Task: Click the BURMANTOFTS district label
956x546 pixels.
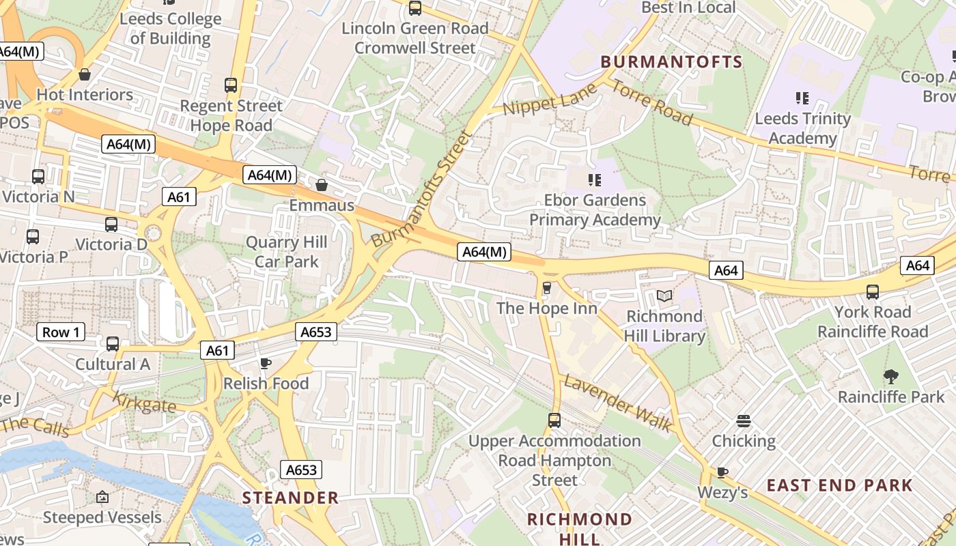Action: (x=671, y=62)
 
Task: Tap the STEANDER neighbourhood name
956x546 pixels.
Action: (x=290, y=498)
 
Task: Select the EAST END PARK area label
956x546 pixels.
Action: (x=839, y=485)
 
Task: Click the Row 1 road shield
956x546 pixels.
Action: (x=61, y=332)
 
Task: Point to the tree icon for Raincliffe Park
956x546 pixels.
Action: (x=890, y=376)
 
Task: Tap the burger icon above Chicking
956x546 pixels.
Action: (x=744, y=420)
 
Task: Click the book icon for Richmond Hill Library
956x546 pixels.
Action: (x=664, y=296)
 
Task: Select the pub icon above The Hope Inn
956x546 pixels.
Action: (x=546, y=288)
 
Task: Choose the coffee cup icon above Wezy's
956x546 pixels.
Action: (x=722, y=472)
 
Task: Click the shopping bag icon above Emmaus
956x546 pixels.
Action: (x=322, y=185)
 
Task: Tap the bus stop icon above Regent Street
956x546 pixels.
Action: (x=231, y=85)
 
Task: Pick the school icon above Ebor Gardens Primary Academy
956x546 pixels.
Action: (x=595, y=179)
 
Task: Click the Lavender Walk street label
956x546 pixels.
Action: (x=617, y=403)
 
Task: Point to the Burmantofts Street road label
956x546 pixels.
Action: (x=422, y=190)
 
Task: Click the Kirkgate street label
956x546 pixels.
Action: (x=143, y=403)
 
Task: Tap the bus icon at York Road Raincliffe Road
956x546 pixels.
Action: (x=872, y=292)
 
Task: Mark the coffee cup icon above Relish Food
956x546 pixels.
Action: (x=266, y=363)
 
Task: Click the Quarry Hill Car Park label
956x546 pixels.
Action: (x=286, y=252)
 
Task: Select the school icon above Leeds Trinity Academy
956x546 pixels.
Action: (x=802, y=98)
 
